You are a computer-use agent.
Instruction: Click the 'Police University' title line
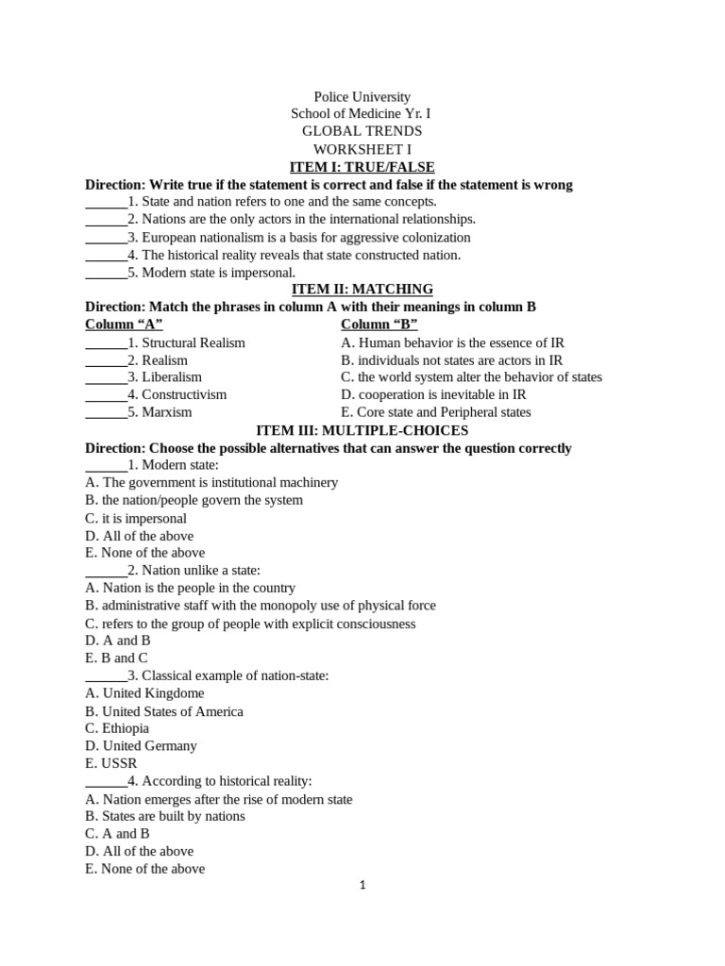[362, 97]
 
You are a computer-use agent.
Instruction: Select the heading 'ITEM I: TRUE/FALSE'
[362, 167]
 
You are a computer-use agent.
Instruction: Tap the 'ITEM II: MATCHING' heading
[362, 289]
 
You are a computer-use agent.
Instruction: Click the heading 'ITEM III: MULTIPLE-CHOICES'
[362, 430]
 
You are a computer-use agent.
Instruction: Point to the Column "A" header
[124, 325]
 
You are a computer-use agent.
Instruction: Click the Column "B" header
[379, 325]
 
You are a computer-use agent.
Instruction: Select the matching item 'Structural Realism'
[193, 342]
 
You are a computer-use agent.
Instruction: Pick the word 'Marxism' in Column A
[166, 412]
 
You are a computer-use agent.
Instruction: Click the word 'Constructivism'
[184, 394]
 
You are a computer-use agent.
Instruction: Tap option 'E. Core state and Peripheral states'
[435, 412]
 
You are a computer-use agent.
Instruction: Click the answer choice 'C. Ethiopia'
[117, 728]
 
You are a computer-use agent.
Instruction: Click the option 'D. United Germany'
[141, 745]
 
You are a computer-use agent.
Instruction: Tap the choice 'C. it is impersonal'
[136, 518]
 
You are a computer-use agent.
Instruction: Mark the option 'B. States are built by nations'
[164, 816]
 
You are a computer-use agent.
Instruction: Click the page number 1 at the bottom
[362, 886]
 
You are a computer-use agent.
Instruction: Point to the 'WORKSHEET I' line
[362, 149]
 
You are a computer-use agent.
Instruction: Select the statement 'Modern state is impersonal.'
[218, 273]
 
